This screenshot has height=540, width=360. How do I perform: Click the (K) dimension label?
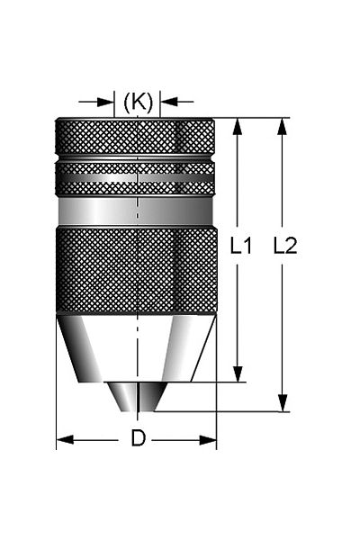tap(138, 103)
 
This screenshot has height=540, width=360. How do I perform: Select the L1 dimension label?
tap(241, 246)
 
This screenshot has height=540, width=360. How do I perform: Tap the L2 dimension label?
tap(285, 246)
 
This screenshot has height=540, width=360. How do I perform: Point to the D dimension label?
tap(138, 439)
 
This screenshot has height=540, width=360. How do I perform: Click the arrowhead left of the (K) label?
tap(105, 102)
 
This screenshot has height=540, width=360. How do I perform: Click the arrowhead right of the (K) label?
tap(169, 102)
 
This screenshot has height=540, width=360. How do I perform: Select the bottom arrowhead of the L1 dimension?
tap(238, 373)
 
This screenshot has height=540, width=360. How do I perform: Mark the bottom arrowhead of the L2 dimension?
tap(283, 403)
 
